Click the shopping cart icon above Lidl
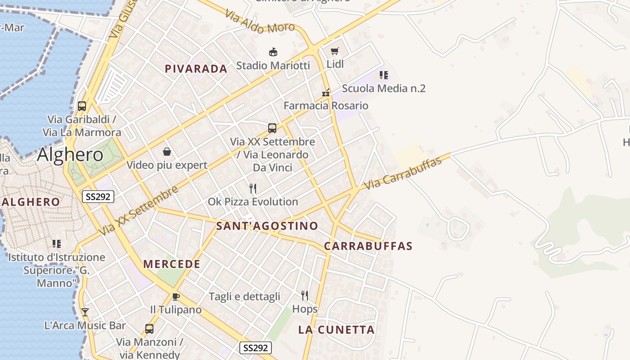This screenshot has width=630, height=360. click(334, 51)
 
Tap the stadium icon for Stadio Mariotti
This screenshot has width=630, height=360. click(273, 52)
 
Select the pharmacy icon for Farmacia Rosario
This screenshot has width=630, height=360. click(326, 93)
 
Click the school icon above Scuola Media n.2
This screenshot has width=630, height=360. click(383, 75)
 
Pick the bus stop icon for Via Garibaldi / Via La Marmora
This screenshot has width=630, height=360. click(82, 106)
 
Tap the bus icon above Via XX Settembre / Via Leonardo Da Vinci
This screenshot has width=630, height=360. click(272, 128)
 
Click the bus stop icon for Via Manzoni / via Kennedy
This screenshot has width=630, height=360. click(149, 329)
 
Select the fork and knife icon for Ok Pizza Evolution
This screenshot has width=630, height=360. click(253, 189)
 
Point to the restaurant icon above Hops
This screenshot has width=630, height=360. click(305, 296)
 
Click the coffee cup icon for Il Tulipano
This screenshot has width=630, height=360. click(175, 297)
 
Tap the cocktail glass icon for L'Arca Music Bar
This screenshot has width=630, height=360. click(85, 312)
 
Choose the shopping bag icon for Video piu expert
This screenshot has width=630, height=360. click(167, 152)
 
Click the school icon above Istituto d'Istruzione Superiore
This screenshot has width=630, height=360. click(57, 244)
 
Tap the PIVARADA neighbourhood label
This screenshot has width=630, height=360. click(196, 69)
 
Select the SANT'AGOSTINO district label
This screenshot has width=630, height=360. click(267, 226)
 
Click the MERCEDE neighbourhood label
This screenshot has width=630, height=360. click(172, 264)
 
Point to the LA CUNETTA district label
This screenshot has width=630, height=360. click(336, 330)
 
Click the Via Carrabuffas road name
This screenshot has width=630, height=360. click(403, 174)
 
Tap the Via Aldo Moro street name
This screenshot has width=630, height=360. click(260, 24)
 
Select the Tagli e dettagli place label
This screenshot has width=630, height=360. click(244, 297)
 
